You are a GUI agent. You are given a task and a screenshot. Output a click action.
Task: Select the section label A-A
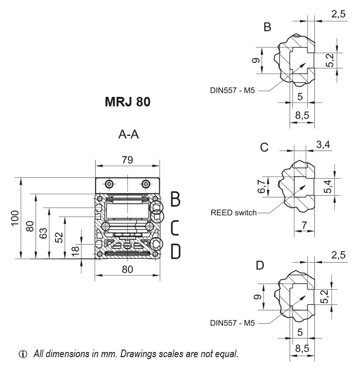coord(128,135)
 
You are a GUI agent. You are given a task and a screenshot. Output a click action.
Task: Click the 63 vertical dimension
coord(44,233)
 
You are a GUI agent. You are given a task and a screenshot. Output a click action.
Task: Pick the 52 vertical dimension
coord(58,237)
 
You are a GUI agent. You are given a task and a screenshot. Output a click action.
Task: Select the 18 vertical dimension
coord(75,251)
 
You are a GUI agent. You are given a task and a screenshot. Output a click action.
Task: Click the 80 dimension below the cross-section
coord(127,269)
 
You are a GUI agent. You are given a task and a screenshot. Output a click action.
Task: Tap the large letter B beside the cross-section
coord(175,199)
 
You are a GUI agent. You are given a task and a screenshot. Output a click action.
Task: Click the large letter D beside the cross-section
coord(175,251)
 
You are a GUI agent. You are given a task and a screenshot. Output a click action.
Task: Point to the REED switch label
coord(233,213)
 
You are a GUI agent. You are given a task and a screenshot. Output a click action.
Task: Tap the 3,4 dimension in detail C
coord(323,145)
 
